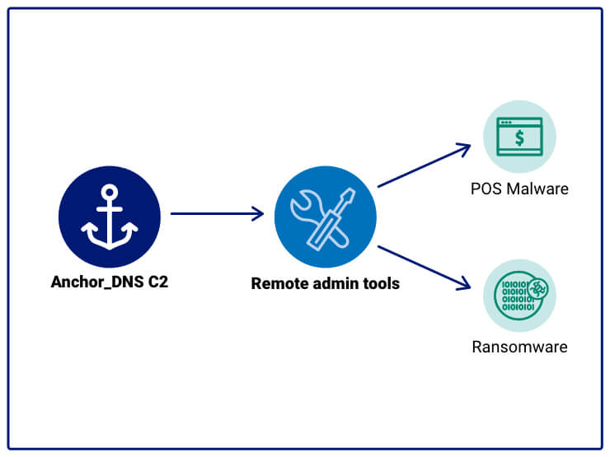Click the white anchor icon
point(110,216)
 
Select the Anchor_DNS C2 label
point(110,282)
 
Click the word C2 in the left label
point(158,282)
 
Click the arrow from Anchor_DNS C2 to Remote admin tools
point(216,214)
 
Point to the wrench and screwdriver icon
point(325,216)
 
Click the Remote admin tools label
point(325,283)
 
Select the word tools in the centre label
point(381,283)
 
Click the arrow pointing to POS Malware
point(424,166)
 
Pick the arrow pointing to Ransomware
point(424,267)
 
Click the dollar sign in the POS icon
point(519,138)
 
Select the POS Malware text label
point(519,189)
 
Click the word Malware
point(537,189)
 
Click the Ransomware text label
point(519,347)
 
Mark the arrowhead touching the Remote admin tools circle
point(257,214)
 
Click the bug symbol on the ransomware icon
point(538,288)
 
